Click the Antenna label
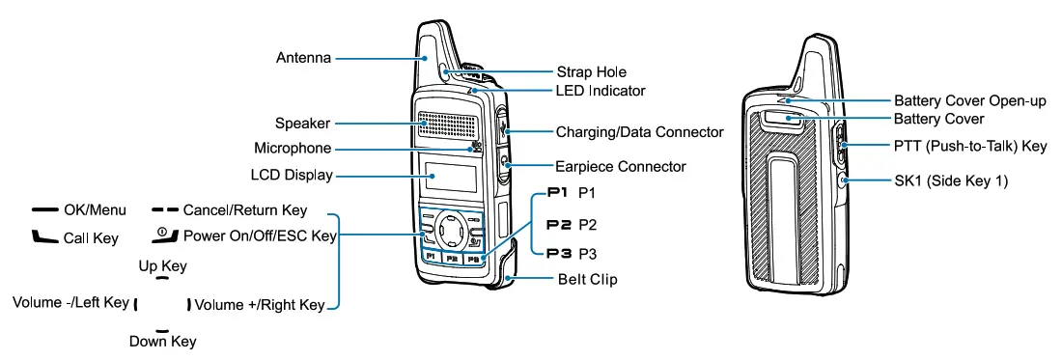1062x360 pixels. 300,58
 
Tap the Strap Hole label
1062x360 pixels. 591,72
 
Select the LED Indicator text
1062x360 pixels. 601,91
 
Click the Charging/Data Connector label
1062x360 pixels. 639,131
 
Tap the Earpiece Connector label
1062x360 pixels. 621,166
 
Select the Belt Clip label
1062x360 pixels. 587,280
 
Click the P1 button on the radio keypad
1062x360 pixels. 431,259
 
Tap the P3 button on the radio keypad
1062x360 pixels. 472,259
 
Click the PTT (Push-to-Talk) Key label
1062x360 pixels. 970,147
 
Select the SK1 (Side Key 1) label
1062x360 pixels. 951,180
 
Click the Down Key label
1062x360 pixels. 162,341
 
